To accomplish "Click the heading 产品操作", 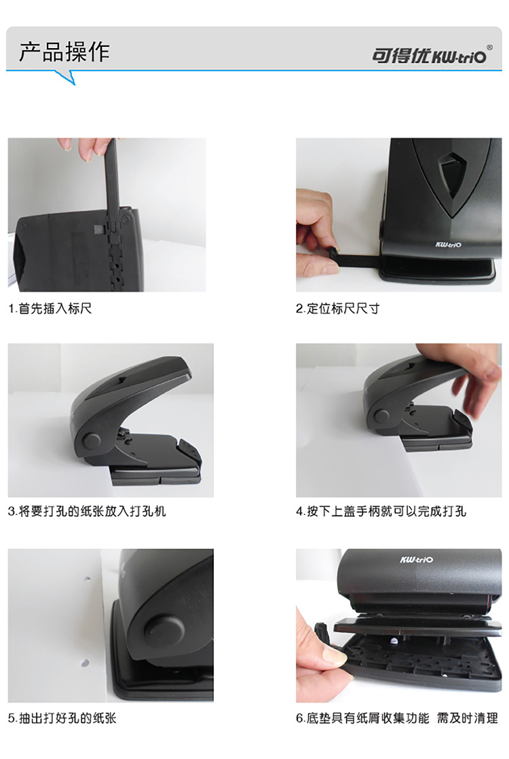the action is pos(64,52).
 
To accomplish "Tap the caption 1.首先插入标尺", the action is pos(50,309).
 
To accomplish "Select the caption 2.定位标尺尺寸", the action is pos(337,309).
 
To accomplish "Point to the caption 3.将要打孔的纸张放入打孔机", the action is pos(87,511).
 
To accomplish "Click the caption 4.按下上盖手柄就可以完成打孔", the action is pos(381,511).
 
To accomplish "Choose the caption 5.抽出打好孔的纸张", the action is pos(62,718).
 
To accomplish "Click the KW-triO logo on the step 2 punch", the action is pos(448,244).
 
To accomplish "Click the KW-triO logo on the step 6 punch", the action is pos(417,560).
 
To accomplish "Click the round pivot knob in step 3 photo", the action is pos(91,440).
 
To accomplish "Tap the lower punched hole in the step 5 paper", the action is pos(86,662).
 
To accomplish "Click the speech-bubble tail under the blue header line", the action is pos(67,77).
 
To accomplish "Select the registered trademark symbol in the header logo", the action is pos(489,47).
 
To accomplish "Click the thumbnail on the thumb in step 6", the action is pos(334,656).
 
